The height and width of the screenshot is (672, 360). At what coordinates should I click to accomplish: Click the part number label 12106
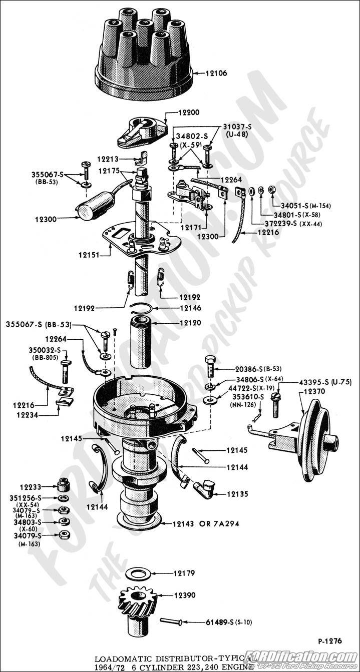coord(216,73)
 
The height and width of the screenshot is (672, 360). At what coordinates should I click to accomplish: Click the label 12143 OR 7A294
coord(206,524)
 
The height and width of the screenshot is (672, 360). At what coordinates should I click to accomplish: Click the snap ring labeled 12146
coord(143,308)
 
